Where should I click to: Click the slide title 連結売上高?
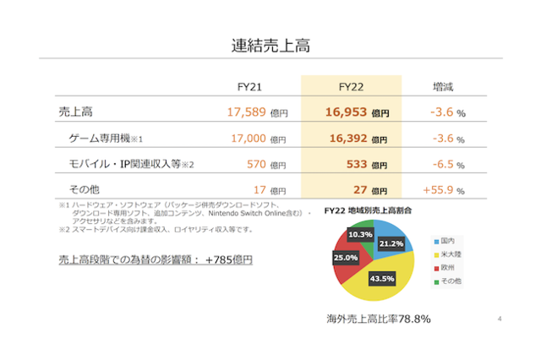click(270, 45)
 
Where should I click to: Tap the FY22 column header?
click(351, 86)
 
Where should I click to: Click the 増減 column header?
click(444, 86)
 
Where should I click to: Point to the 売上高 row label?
click(76, 112)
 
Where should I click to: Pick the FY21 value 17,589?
click(247, 112)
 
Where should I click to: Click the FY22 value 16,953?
click(346, 112)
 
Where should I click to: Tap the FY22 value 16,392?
click(346, 138)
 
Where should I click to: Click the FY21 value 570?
click(254, 164)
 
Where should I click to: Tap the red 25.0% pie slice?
click(347, 259)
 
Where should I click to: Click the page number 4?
click(500, 319)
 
